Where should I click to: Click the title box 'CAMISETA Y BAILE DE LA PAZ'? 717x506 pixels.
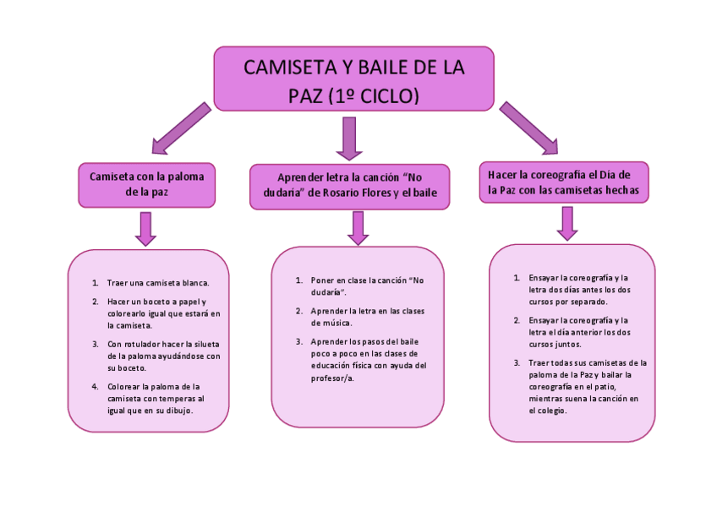pyautogui.click(x=353, y=79)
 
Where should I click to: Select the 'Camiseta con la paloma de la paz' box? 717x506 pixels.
pyautogui.click(x=146, y=184)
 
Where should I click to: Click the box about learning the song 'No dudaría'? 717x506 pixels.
pyautogui.click(x=349, y=186)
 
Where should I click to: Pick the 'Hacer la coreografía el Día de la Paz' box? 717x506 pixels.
pyautogui.click(x=563, y=182)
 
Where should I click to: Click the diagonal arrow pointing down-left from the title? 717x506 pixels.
pyautogui.click(x=178, y=128)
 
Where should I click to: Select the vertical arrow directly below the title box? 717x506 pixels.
pyautogui.click(x=348, y=138)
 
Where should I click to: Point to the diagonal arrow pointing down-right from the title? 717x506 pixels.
pyautogui.click(x=528, y=128)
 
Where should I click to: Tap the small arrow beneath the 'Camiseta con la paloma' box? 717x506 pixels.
pyautogui.click(x=145, y=228)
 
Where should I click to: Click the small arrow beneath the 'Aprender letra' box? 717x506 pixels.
pyautogui.click(x=358, y=228)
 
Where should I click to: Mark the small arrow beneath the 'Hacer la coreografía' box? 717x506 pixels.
pyautogui.click(x=567, y=224)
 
